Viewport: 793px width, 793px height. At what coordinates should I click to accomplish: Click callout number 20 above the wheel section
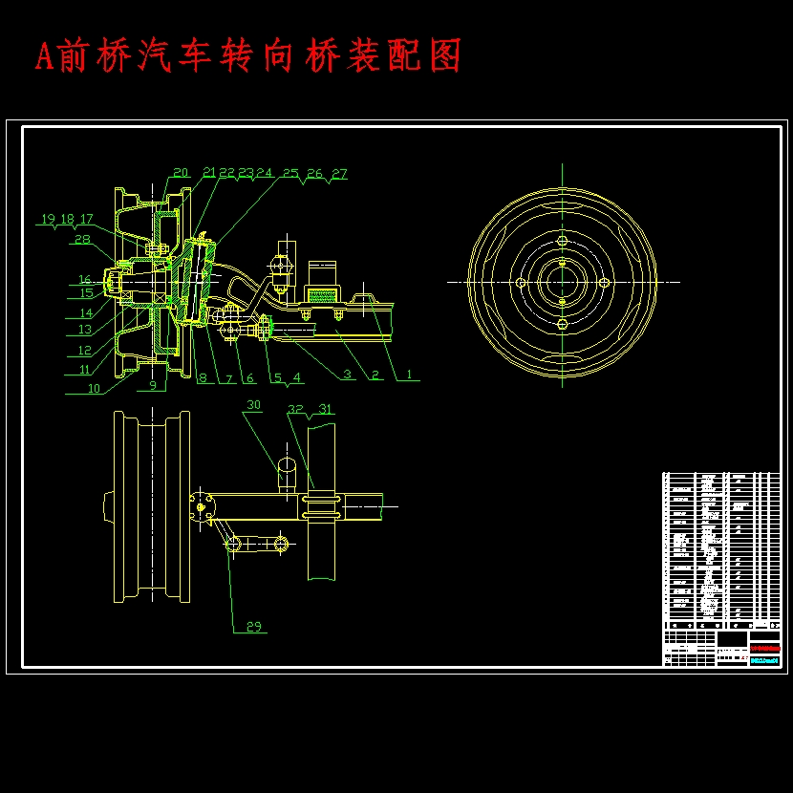coord(181,173)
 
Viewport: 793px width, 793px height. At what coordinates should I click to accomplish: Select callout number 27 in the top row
coord(339,174)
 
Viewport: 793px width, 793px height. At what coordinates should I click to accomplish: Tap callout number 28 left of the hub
coord(82,240)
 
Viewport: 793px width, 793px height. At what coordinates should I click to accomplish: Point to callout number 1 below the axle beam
coord(410,375)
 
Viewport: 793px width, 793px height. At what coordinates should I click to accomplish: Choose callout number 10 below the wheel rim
coord(93,388)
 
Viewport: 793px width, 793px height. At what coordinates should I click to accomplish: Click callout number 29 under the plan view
coord(254,627)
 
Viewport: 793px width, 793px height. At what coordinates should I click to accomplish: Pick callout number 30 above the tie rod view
coord(253,405)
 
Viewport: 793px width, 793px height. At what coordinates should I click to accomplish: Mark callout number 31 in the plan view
coord(326,409)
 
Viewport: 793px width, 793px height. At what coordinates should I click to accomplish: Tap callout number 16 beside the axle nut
coord(85,280)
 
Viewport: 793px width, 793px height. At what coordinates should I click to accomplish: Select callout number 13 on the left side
coord(85,330)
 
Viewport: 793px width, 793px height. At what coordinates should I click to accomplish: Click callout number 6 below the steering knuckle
coord(250,378)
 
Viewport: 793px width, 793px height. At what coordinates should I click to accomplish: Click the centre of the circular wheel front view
coord(563,282)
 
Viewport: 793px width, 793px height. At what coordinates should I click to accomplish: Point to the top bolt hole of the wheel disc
coord(563,240)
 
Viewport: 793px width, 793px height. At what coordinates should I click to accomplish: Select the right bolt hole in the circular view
coord(605,282)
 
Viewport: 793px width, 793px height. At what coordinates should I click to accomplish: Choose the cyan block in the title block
coord(763,659)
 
